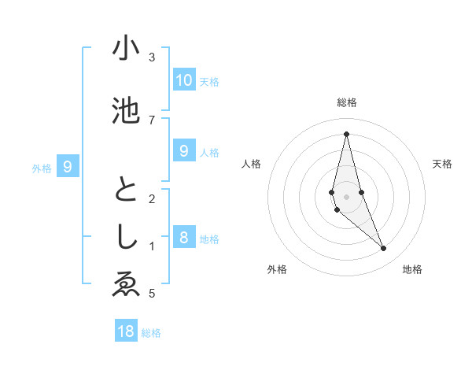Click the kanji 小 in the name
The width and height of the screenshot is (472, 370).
pyautogui.click(x=126, y=49)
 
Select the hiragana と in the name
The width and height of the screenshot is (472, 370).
pyautogui.click(x=126, y=191)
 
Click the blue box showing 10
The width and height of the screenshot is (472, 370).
pyautogui.click(x=183, y=80)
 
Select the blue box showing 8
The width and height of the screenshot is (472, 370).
pyautogui.click(x=183, y=237)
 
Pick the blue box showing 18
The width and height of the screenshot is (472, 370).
pyautogui.click(x=126, y=331)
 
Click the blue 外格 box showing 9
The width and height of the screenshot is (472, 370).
pyautogui.click(x=68, y=166)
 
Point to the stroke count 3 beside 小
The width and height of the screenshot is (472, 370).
pyautogui.click(x=152, y=57)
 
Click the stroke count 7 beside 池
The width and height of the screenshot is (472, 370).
pyautogui.click(x=152, y=120)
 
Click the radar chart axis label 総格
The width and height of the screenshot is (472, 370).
pyautogui.click(x=347, y=102)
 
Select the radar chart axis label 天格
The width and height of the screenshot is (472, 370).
pyautogui.click(x=443, y=164)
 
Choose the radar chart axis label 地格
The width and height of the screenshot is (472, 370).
pyautogui.click(x=412, y=270)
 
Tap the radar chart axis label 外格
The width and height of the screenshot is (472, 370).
pyautogui.click(x=277, y=270)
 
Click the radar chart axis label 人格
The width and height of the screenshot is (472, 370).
pyautogui.click(x=251, y=164)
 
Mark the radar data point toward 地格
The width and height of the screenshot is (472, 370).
pyautogui.click(x=384, y=249)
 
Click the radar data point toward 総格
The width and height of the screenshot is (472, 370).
pyautogui.click(x=347, y=134)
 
